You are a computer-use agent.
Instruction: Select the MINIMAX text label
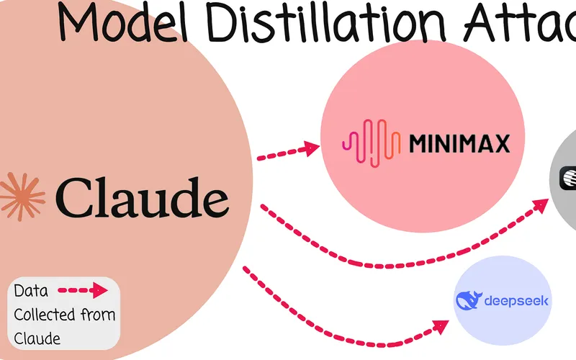(x=459, y=144)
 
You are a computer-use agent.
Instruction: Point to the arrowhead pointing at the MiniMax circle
(x=310, y=148)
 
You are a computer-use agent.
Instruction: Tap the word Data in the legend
(x=32, y=291)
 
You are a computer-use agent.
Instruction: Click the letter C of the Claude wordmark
(x=73, y=195)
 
